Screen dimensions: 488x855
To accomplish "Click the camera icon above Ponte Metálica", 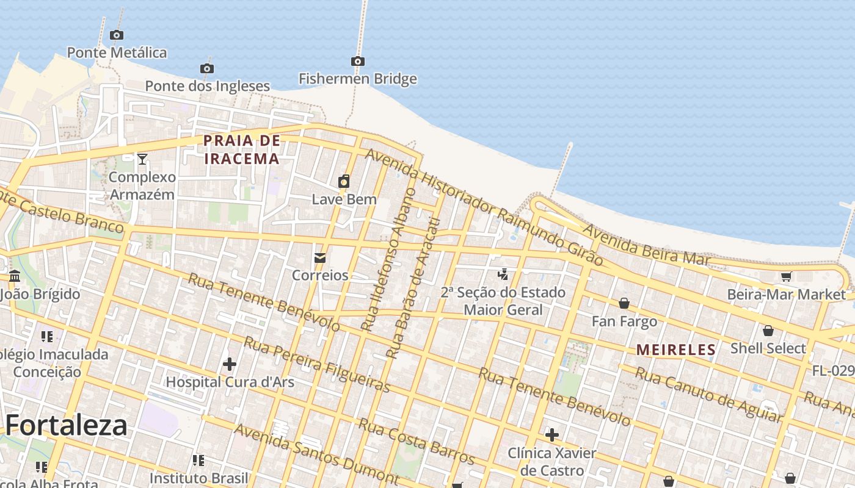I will click(116, 35).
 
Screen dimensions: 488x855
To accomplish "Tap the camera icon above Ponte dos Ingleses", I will click(207, 68).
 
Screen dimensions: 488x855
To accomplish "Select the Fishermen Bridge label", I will click(357, 79).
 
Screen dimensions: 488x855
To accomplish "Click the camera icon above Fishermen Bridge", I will click(358, 61).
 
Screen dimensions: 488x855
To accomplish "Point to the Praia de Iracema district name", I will click(241, 149).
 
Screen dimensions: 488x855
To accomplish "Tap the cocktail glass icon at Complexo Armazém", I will click(142, 159).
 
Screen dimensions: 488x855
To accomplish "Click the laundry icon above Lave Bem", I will click(344, 181).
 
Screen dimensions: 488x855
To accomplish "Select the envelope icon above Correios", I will click(319, 258).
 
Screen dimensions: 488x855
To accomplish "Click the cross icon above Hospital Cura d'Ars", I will click(230, 364).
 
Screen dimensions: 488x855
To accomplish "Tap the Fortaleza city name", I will click(67, 425).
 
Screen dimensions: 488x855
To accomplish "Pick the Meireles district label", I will click(675, 350).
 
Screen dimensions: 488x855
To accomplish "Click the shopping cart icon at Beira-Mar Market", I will click(786, 277).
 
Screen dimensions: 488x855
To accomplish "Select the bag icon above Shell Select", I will click(768, 331).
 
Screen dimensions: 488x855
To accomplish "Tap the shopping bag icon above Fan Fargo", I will click(624, 303).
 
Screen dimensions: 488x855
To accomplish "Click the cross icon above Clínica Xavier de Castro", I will click(551, 435).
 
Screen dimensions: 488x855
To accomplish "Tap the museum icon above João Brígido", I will click(15, 276).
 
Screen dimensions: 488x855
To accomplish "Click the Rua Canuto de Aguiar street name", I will click(708, 394).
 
